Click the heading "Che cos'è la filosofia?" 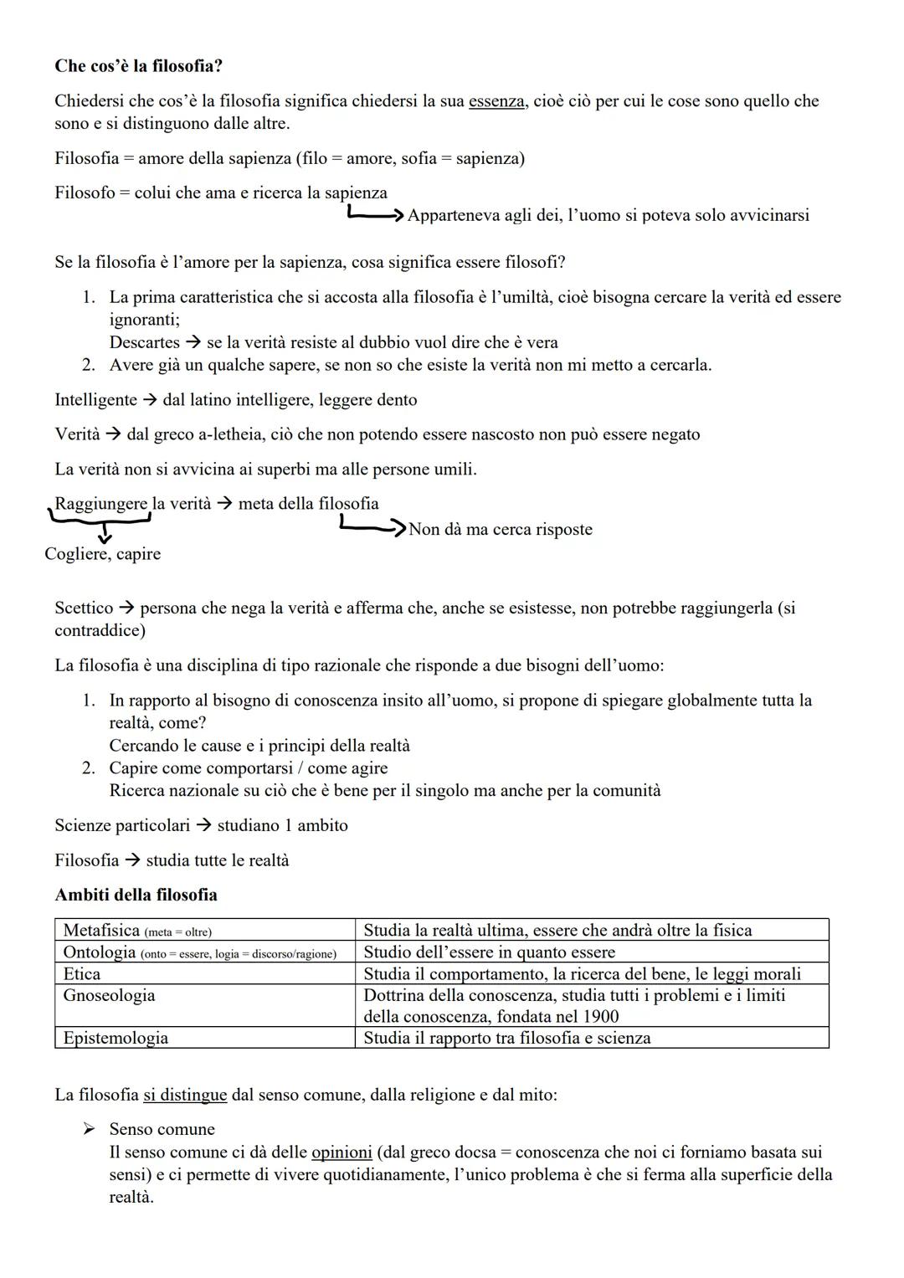coord(138,65)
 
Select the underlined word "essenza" coord(497,101)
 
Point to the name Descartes coord(144,342)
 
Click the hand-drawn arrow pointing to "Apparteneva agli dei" coord(376,215)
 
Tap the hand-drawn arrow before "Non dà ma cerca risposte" coord(372,527)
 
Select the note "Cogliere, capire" coord(102,554)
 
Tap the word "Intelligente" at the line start coord(95,400)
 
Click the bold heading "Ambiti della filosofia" coord(136,895)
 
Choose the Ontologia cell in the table coord(99,952)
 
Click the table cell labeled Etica coord(81,973)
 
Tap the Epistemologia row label coord(116,1038)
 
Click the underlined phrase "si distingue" coord(185,1095)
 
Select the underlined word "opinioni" coord(342,1152)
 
